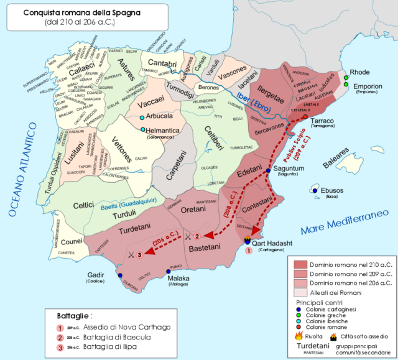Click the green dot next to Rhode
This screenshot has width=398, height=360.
(x=346, y=78)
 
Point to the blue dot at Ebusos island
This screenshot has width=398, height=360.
(x=315, y=190)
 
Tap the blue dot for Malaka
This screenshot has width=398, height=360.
(x=169, y=272)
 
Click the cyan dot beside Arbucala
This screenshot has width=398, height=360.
(x=142, y=118)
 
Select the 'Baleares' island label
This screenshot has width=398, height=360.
(x=336, y=165)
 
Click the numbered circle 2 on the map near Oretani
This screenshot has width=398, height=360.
(x=197, y=236)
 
